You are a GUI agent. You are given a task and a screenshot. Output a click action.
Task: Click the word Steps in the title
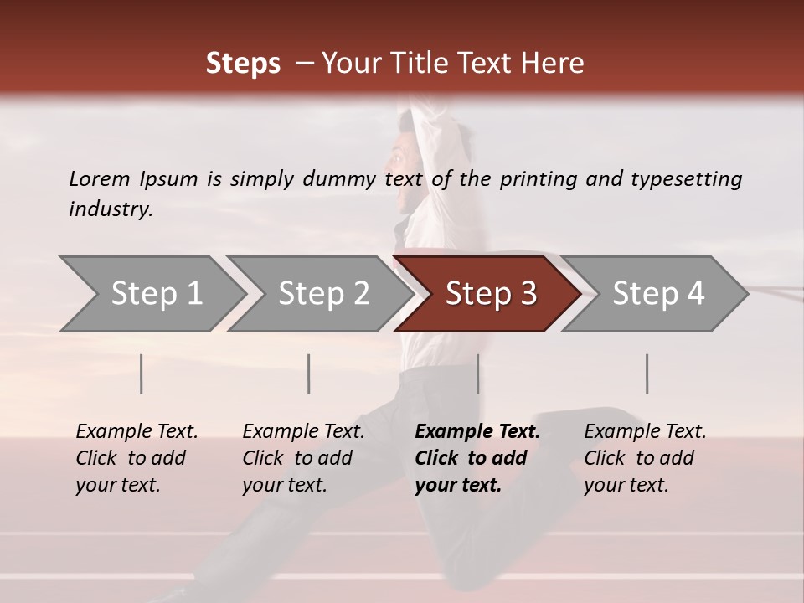tap(243, 64)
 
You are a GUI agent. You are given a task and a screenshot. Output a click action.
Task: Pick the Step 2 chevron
tap(323, 294)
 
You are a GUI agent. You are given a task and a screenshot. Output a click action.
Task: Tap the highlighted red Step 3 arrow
tap(491, 294)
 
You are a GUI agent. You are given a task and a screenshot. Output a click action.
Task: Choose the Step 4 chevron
tap(658, 294)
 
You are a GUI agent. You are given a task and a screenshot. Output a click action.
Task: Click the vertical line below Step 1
tap(142, 374)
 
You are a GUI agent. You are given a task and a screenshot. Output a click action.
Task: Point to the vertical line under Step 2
tap(309, 374)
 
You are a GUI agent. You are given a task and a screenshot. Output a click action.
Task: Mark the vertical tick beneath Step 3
tap(477, 374)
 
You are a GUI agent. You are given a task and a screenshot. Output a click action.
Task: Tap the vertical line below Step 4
tap(647, 374)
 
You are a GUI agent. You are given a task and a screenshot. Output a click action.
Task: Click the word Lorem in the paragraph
tap(100, 178)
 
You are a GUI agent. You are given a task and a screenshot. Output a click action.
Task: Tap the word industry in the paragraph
tap(111, 209)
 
